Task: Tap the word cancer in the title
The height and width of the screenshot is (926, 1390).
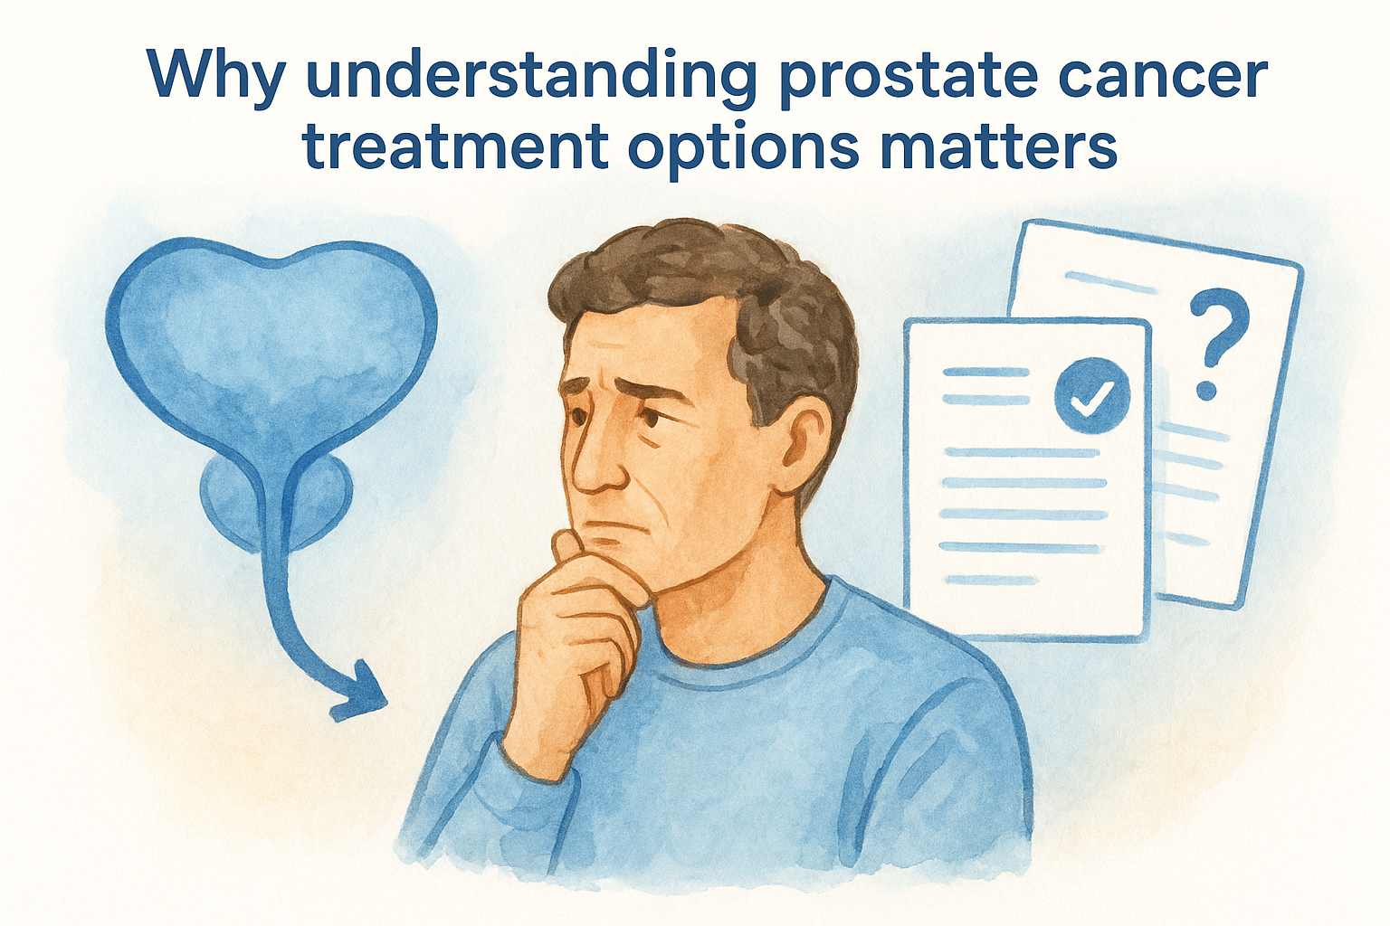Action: point(1182,76)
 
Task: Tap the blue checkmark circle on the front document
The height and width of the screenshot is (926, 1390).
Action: point(1092,396)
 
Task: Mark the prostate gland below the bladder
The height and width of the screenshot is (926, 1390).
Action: point(271,502)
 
